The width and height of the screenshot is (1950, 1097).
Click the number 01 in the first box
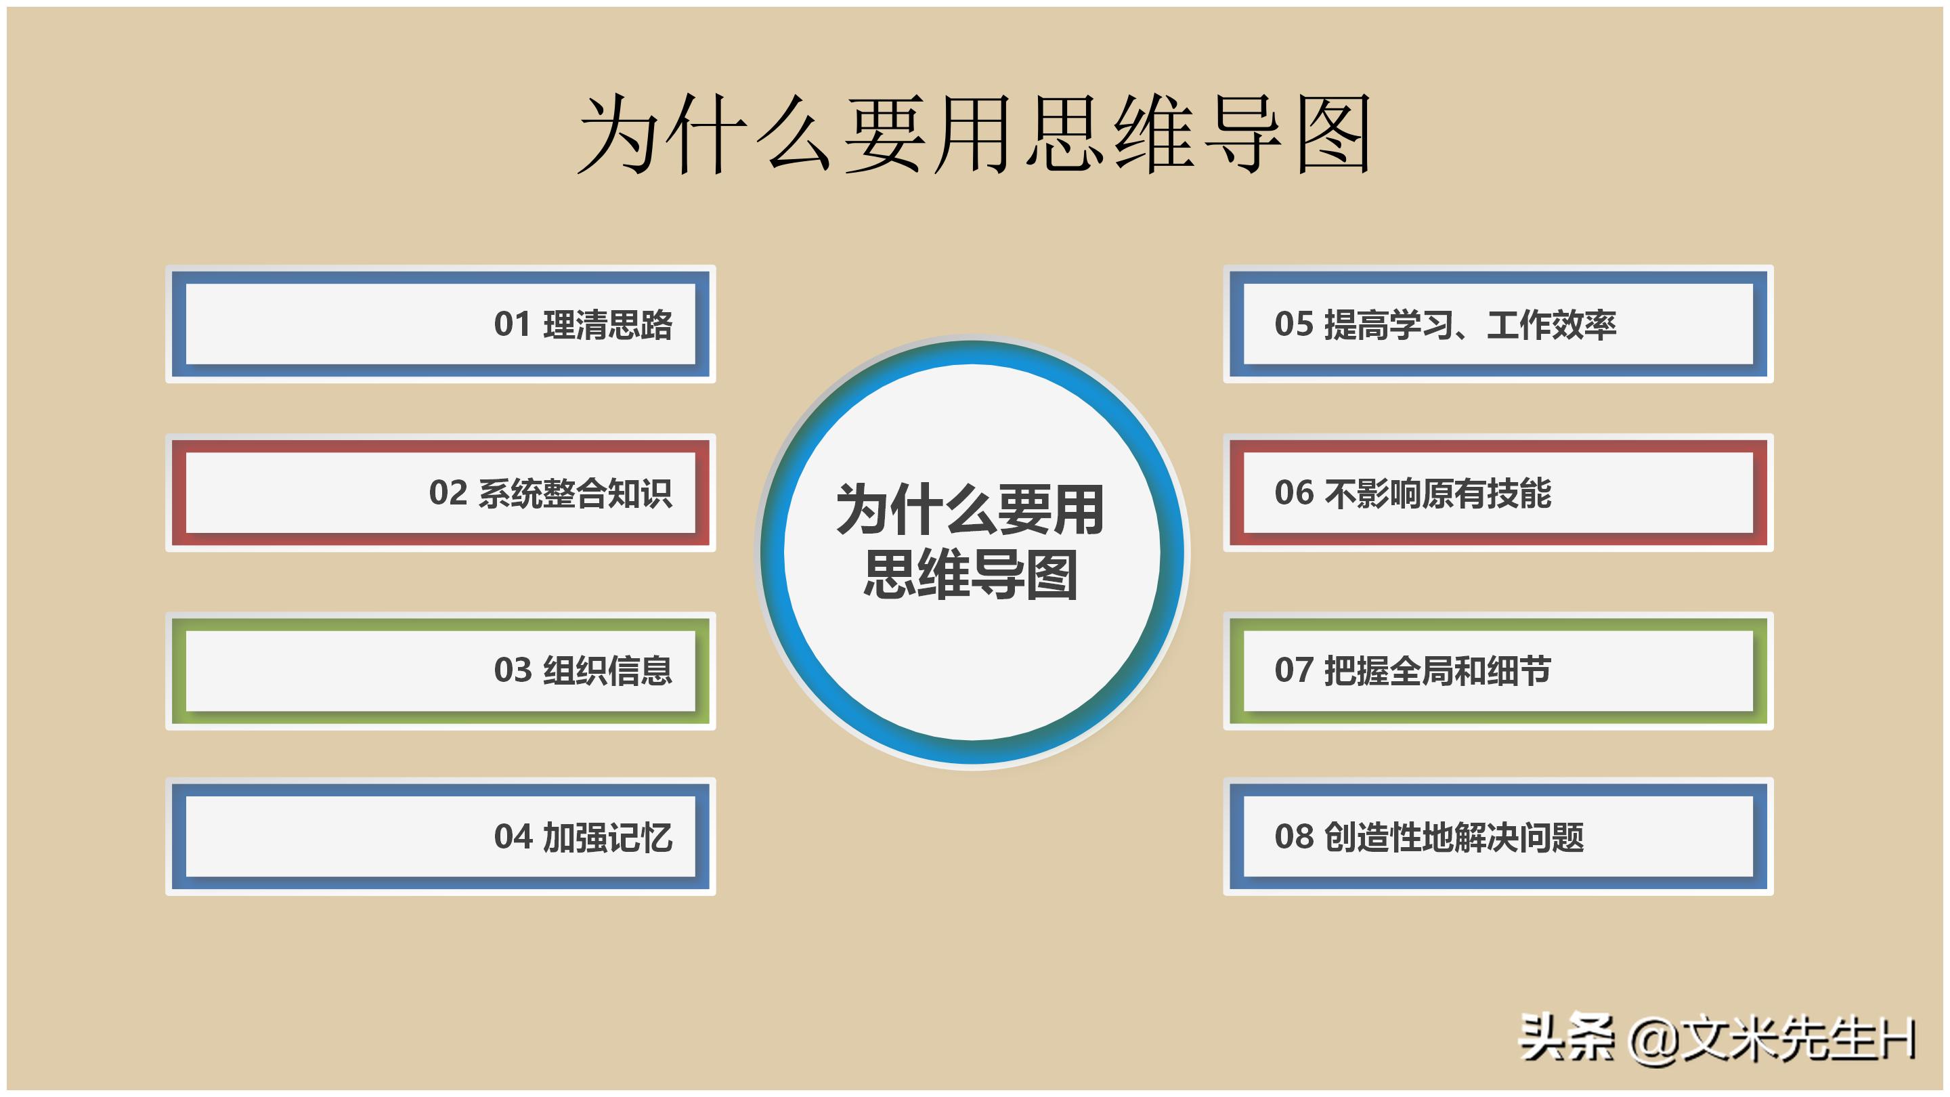point(512,325)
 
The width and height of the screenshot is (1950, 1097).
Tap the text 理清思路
point(608,325)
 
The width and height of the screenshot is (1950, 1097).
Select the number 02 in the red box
point(448,494)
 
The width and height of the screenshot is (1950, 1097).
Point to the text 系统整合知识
point(576,494)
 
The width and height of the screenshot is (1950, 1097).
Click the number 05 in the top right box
point(1294,325)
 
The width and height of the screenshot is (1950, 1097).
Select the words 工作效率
point(1551,325)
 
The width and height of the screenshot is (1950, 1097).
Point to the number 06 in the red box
point(1294,494)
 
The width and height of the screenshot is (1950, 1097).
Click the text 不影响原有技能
point(1437,494)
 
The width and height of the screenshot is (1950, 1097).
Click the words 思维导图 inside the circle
point(971,576)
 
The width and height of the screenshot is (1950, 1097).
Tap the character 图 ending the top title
point(1333,135)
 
